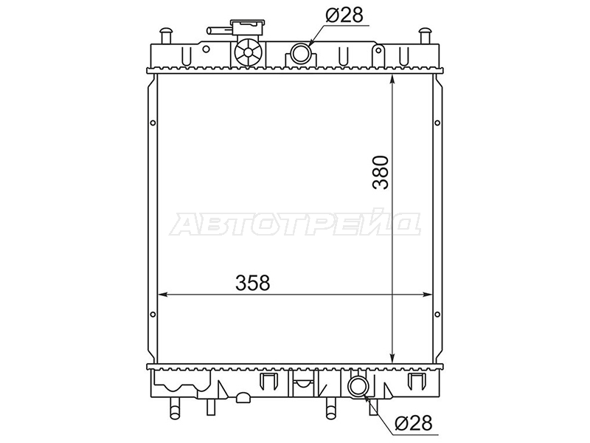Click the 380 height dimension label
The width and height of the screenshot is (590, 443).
(381, 172)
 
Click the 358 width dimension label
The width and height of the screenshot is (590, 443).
(253, 283)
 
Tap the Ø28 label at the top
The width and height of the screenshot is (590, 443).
(344, 16)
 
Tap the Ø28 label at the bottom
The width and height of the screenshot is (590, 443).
(414, 423)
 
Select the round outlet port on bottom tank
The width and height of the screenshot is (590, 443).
(357, 387)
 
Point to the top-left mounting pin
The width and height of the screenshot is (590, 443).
(165, 35)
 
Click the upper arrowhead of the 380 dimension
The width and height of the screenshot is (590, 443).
(392, 79)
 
